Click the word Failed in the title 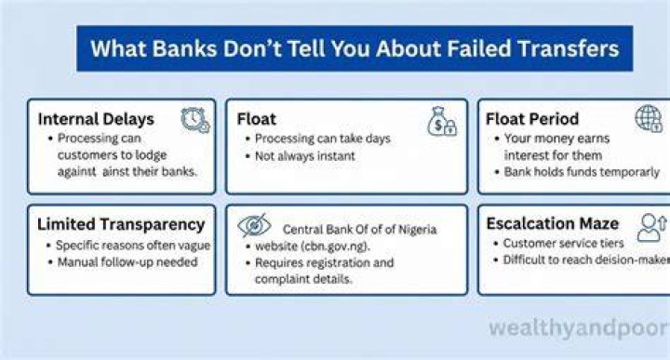(x=478, y=48)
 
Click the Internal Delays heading (x=96, y=119)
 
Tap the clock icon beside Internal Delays (x=195, y=120)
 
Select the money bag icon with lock (x=442, y=121)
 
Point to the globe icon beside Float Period (x=650, y=118)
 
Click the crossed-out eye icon (x=254, y=225)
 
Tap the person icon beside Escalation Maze (x=651, y=228)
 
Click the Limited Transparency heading (x=121, y=224)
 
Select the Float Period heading (x=532, y=119)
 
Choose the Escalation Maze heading (x=553, y=223)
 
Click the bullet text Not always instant (x=304, y=156)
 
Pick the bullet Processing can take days (x=323, y=139)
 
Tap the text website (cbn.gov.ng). (x=313, y=247)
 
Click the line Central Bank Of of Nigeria (x=360, y=230)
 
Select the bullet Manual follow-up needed (x=127, y=261)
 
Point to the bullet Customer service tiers (x=564, y=243)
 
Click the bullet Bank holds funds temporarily (x=582, y=172)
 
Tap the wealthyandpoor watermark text (x=579, y=328)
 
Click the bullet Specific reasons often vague (x=133, y=246)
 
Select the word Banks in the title (x=184, y=48)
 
